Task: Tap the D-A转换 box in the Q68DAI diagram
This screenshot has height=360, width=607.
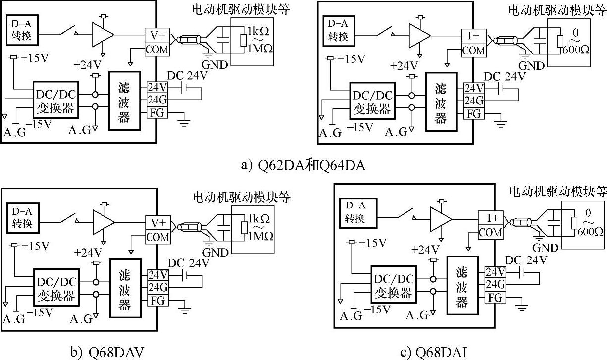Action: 354,212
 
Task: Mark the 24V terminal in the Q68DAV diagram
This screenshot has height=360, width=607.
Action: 157,275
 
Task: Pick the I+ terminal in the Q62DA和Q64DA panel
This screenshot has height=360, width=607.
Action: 474,36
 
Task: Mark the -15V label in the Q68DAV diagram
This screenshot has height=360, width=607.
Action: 40,313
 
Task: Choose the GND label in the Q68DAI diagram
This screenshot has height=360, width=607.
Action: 545,248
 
